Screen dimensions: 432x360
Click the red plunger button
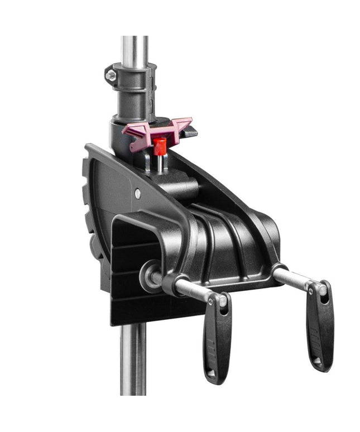pos(160,146)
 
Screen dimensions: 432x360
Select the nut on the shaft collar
pos(111,75)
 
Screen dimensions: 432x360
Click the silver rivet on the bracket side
pos(138,194)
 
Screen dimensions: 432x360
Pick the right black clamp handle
pos(320,327)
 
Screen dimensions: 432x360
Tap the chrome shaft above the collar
pos(135,50)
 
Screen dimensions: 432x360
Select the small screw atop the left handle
pos(211,301)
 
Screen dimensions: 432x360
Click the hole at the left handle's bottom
pos(211,372)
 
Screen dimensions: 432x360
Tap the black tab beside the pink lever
pos(190,132)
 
